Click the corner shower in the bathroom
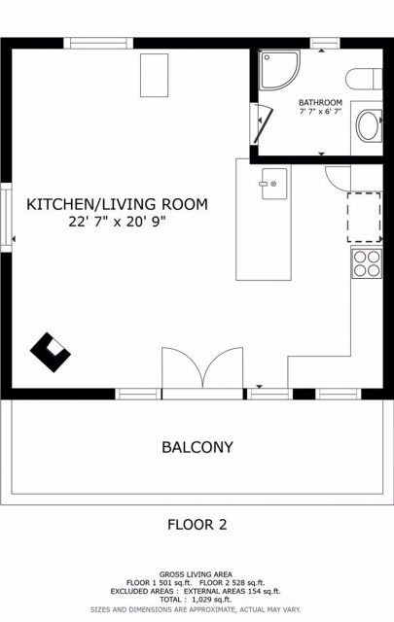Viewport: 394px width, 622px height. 279,70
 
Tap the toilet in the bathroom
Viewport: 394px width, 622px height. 364,79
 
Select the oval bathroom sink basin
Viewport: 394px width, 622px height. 369,125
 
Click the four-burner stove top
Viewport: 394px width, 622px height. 367,263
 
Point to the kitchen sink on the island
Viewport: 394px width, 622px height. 274,184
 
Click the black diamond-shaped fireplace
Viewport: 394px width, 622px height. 51,352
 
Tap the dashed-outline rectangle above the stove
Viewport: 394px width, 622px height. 364,218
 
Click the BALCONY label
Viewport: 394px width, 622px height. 197,447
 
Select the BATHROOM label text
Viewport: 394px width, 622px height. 320,102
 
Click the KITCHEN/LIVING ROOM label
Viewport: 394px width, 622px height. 117,204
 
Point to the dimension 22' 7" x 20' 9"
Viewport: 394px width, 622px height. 117,221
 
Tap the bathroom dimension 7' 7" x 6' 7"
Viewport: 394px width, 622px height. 320,112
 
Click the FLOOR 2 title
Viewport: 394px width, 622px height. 197,525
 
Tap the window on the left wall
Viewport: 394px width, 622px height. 6,218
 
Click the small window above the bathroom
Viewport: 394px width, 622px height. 325,43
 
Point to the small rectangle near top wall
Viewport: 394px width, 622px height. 154,76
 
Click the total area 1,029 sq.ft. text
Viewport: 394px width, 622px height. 196,600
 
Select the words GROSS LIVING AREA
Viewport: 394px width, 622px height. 196,574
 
